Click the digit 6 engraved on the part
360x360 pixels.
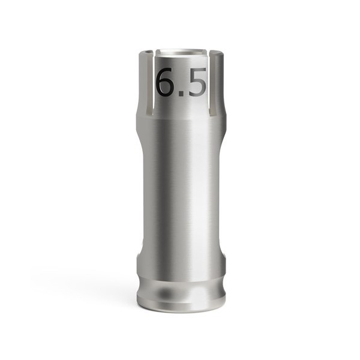pyautogui.click(x=166, y=82)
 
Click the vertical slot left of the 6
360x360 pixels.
pyautogui.click(x=150, y=84)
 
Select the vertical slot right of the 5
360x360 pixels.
pyautogui.click(x=213, y=84)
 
